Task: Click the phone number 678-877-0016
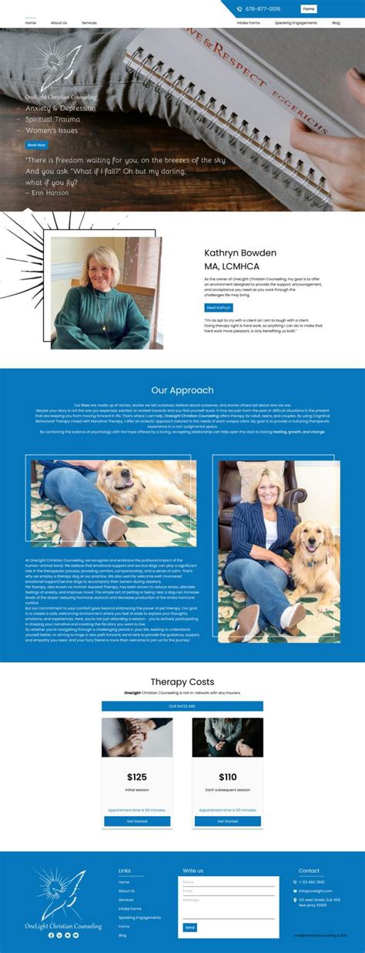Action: click(263, 9)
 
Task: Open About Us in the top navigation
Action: click(59, 23)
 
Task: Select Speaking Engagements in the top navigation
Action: click(296, 23)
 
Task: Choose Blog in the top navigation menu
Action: click(337, 23)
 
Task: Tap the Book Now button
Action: click(36, 145)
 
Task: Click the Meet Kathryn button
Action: click(218, 308)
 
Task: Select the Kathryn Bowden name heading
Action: click(240, 252)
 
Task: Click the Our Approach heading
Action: click(182, 390)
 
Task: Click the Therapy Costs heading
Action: click(182, 682)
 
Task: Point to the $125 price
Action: click(137, 777)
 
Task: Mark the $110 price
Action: click(227, 777)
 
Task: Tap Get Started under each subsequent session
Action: click(227, 821)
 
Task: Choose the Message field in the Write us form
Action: click(229, 908)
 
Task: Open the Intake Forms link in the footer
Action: click(130, 908)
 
